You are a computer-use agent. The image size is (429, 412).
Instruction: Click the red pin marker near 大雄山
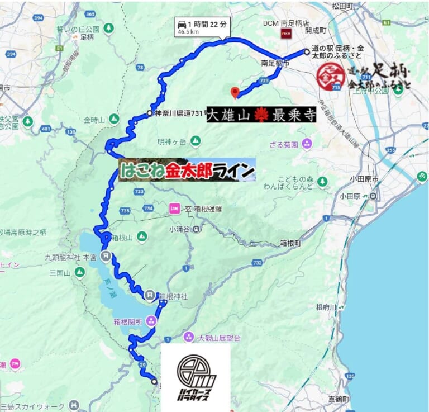click(x=235, y=92)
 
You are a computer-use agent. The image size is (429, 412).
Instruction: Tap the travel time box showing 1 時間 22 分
click(x=201, y=27)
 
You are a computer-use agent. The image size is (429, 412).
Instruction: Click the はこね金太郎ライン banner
click(x=187, y=169)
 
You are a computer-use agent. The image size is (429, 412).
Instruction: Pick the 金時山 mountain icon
click(x=114, y=119)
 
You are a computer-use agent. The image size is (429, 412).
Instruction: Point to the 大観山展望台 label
click(x=219, y=338)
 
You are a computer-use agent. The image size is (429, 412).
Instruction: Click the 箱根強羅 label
click(x=208, y=209)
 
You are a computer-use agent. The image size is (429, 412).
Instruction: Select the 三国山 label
click(x=59, y=273)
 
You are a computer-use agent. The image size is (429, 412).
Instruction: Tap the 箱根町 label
click(x=290, y=243)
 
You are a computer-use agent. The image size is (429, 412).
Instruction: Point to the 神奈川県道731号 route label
click(x=178, y=113)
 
